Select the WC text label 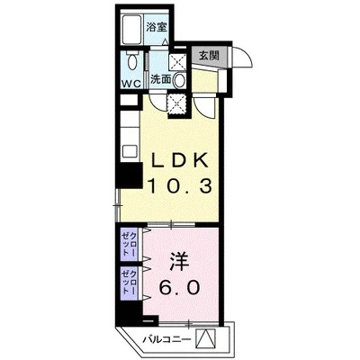point(131,85)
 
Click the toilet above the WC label point(132,64)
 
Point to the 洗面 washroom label point(160,79)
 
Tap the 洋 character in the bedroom point(177,262)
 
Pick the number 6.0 point(177,289)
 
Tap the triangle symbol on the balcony point(207,339)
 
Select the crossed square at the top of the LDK point(177,102)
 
